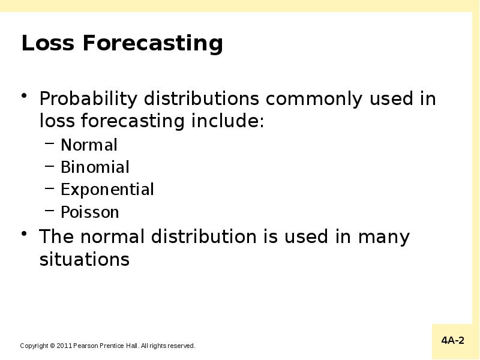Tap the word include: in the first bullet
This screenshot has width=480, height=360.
pyautogui.click(x=227, y=121)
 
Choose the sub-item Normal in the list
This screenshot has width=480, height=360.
pyautogui.click(x=89, y=145)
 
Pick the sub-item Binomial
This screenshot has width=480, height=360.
pyautogui.click(x=95, y=167)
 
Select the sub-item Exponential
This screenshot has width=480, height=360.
pyautogui.click(x=107, y=190)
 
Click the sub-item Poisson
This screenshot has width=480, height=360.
pyautogui.click(x=90, y=212)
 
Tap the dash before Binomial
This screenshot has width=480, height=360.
pyautogui.click(x=50, y=167)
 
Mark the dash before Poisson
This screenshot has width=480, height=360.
pyautogui.click(x=50, y=212)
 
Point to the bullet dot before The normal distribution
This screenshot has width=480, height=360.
pyautogui.click(x=25, y=235)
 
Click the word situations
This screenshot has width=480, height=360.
pyautogui.click(x=84, y=260)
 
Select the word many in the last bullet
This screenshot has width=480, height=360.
pyautogui.click(x=383, y=237)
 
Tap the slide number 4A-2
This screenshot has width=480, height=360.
pyautogui.click(x=453, y=341)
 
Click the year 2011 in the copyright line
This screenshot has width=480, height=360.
pyautogui.click(x=64, y=346)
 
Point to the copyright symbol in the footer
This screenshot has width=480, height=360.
pyautogui.click(x=52, y=346)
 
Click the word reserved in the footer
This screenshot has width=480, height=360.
pyautogui.click(x=181, y=346)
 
